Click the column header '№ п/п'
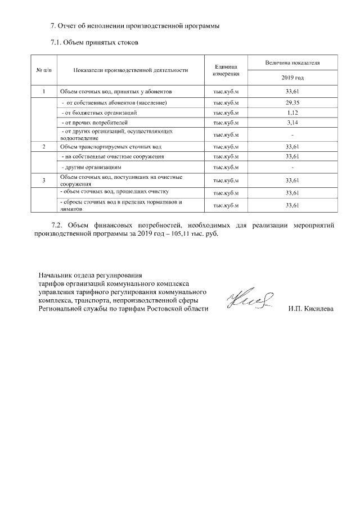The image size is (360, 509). click(44, 70)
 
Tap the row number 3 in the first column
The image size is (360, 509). click(44, 180)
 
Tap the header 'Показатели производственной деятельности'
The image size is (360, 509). click(130, 70)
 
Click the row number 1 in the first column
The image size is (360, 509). click(44, 91)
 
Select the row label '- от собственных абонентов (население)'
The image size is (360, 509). click(114, 103)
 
